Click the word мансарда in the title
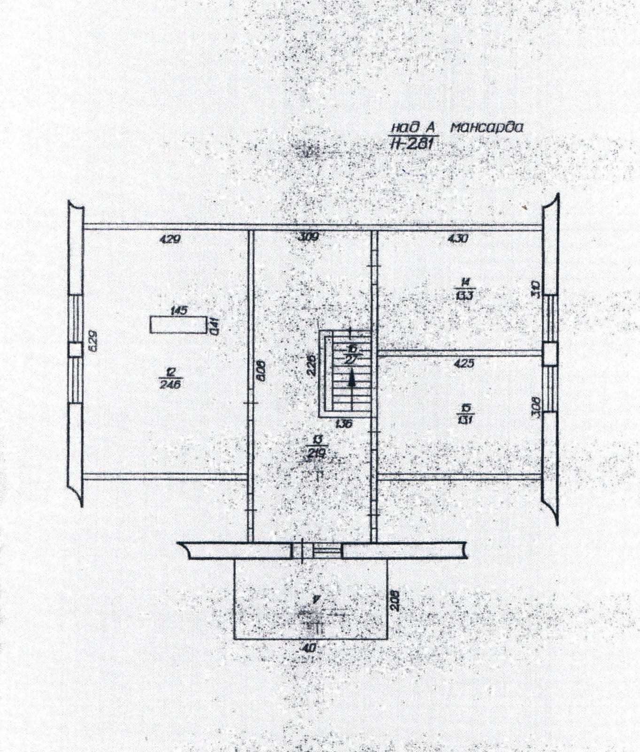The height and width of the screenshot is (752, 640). [x=486, y=127]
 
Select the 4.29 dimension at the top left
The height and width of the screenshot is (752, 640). [x=170, y=239]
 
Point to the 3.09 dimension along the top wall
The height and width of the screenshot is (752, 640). [x=308, y=237]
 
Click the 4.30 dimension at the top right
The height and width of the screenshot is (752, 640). [x=458, y=238]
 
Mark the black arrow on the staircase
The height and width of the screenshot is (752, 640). [x=351, y=378]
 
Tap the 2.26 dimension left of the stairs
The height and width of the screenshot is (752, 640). [x=310, y=364]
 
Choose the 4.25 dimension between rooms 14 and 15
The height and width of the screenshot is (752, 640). [x=463, y=363]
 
